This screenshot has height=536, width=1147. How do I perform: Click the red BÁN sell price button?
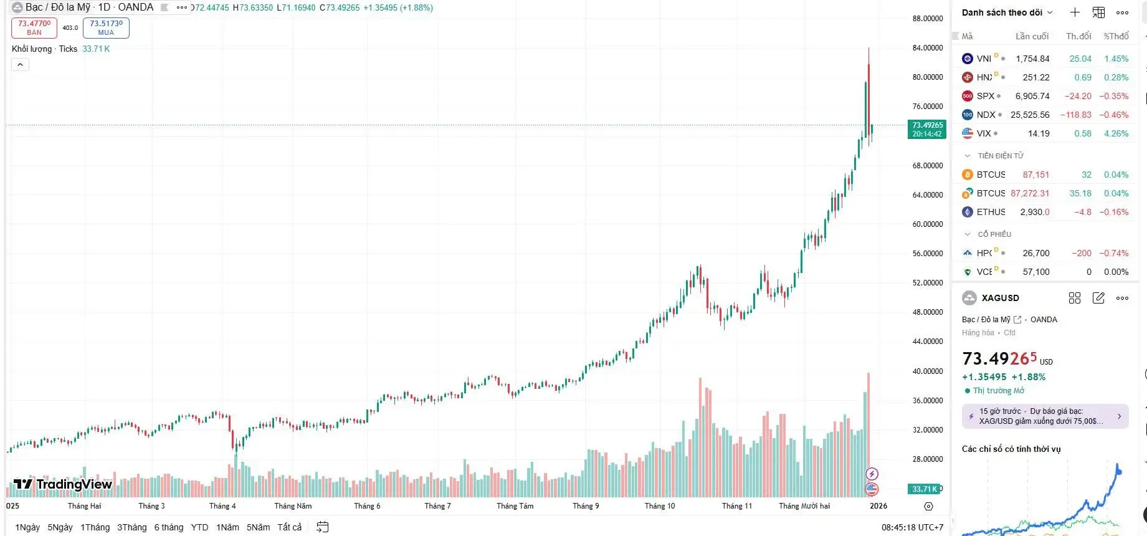click(x=34, y=27)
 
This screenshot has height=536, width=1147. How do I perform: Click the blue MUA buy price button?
click(x=106, y=27)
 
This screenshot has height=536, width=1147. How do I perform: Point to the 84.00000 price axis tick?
click(x=927, y=48)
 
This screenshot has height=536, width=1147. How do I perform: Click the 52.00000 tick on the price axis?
click(x=927, y=283)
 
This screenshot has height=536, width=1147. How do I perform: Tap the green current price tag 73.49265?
click(x=927, y=129)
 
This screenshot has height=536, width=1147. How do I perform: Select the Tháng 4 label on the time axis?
click(x=222, y=506)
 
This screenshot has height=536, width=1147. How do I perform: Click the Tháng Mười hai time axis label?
click(x=804, y=506)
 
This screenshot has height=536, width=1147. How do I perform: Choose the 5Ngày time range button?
click(x=60, y=527)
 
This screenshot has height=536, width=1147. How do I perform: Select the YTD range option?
click(x=199, y=527)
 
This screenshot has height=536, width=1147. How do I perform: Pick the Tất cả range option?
click(x=289, y=527)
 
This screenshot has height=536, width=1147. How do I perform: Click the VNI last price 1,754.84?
click(x=1032, y=59)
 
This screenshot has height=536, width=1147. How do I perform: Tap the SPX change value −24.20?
click(x=1077, y=96)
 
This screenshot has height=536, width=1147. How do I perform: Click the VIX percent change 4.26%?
click(x=1116, y=133)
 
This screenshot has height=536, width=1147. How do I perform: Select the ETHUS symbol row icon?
click(x=968, y=212)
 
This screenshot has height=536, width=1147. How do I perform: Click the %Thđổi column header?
click(x=1116, y=36)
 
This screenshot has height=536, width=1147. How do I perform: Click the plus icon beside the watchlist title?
click(x=1075, y=12)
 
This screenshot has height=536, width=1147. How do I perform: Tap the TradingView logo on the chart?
click(x=62, y=484)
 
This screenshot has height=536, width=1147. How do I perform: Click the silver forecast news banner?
click(x=1045, y=416)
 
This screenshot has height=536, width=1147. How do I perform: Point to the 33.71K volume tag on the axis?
click(x=925, y=489)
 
